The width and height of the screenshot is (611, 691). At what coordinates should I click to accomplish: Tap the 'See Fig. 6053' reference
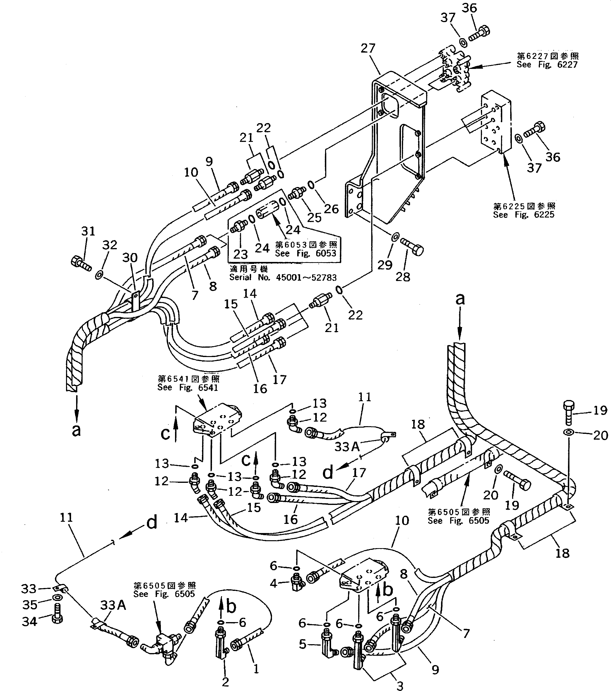[x=306, y=253]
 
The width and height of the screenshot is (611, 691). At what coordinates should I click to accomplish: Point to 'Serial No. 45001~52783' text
[x=283, y=278]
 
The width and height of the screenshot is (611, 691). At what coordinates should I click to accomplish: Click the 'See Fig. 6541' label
[x=188, y=388]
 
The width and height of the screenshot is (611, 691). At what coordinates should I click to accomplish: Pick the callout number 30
[x=130, y=258]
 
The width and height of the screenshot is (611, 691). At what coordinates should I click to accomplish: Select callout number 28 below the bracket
[x=403, y=277]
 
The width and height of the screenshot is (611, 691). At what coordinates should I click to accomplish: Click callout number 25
[x=314, y=217]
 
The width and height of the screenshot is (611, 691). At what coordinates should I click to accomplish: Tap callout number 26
[x=331, y=209]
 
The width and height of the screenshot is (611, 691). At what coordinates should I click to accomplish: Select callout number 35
[x=30, y=605]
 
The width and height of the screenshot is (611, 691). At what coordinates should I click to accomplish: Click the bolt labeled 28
[x=412, y=247]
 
